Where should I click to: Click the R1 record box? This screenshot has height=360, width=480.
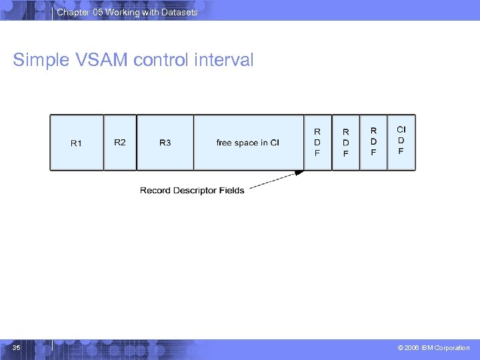pos(77,143)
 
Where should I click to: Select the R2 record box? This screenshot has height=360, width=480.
pos(120,143)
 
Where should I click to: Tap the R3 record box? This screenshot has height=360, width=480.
pos(165,143)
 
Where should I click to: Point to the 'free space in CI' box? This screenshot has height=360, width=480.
pos(248,143)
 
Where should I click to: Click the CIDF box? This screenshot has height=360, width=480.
pos(401,141)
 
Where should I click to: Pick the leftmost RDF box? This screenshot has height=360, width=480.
pos(317,143)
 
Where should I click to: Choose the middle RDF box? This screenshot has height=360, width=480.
pos(345,143)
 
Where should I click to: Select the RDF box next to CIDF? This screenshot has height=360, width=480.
pos(373,143)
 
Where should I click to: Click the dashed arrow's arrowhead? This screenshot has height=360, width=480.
pos(300,173)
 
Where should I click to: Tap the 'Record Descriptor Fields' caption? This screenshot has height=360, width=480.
pos(192,191)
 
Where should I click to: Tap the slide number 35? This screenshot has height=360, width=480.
pos(16,347)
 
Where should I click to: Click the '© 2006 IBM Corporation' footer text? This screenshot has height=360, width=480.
pos(433,348)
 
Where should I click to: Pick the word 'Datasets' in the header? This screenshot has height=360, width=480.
pos(180,12)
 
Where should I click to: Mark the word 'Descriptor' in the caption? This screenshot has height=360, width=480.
pos(194,191)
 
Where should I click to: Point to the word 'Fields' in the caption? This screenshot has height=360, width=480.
pos(232,191)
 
